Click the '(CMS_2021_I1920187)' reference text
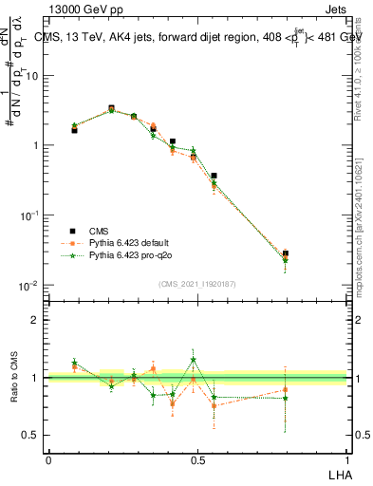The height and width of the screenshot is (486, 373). click(197, 283)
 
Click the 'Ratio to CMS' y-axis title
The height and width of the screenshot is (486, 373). click(15, 390)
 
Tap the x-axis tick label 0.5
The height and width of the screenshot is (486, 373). click(197, 459)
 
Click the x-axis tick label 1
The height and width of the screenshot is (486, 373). click(347, 459)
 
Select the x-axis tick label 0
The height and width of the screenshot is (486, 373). click(48, 459)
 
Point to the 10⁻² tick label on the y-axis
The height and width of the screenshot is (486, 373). click(31, 286)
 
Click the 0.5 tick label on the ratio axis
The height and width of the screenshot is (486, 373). click(33, 437)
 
